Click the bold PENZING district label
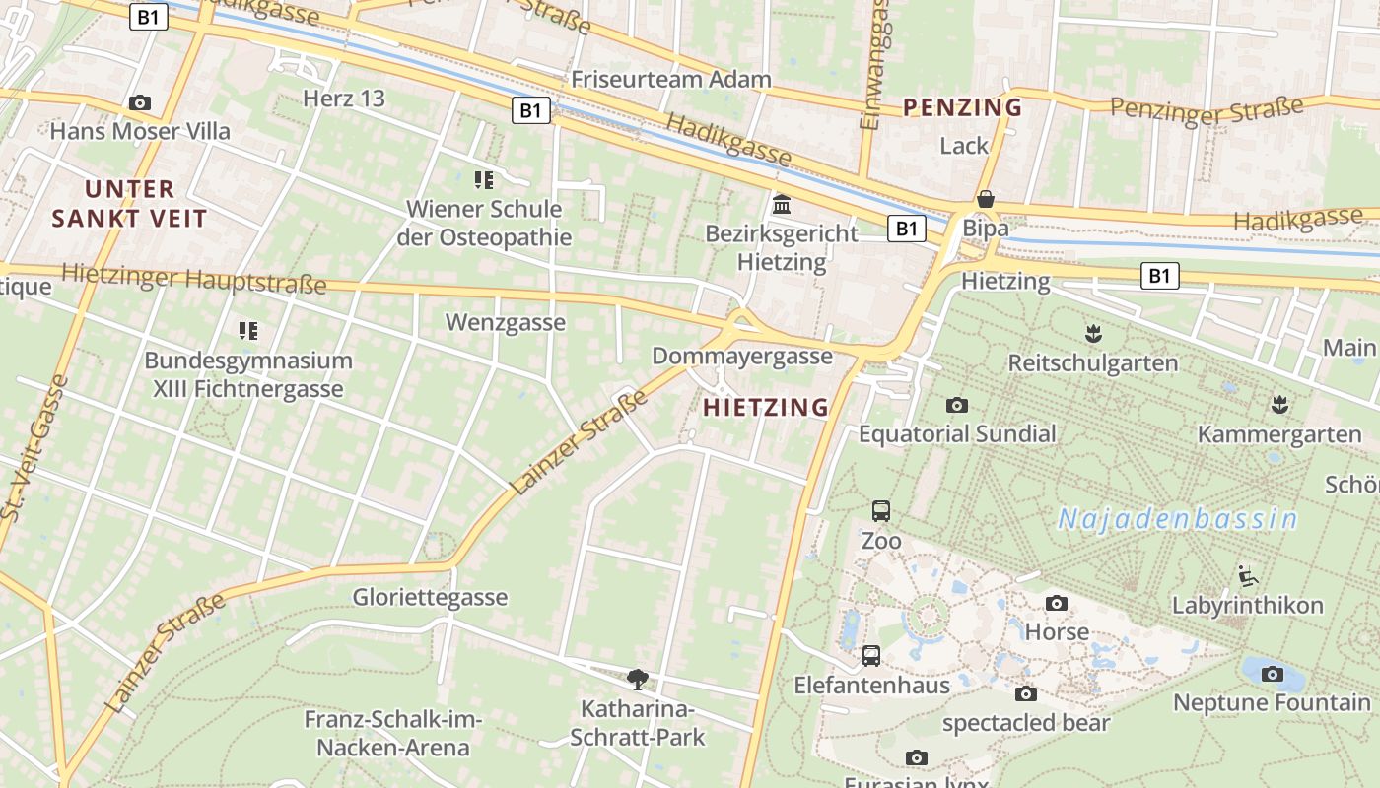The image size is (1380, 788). [962, 106]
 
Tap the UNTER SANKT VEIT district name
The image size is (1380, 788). [129, 203]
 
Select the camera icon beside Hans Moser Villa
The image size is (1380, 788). [140, 102]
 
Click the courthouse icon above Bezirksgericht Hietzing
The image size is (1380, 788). [783, 204]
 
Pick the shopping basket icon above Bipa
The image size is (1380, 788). [985, 199]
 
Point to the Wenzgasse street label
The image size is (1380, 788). [506, 322]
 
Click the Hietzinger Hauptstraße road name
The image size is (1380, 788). [193, 279]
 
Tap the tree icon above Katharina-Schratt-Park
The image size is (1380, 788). [638, 678]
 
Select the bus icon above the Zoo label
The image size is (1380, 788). [881, 510]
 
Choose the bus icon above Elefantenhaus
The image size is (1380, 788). [871, 655]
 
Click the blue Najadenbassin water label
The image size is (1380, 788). [1177, 518]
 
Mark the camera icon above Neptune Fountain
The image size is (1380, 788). [1273, 674]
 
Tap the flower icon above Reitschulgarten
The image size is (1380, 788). [1092, 332]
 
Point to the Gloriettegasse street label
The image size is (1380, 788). [431, 597]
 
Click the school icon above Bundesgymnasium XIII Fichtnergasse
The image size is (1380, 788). [247, 330]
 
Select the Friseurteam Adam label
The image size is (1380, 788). [671, 79]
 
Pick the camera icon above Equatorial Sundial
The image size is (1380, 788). [956, 405]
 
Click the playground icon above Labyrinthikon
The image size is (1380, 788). [1247, 574]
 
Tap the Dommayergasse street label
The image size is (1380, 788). [742, 356]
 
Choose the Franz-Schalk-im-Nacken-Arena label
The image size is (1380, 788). [392, 733]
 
